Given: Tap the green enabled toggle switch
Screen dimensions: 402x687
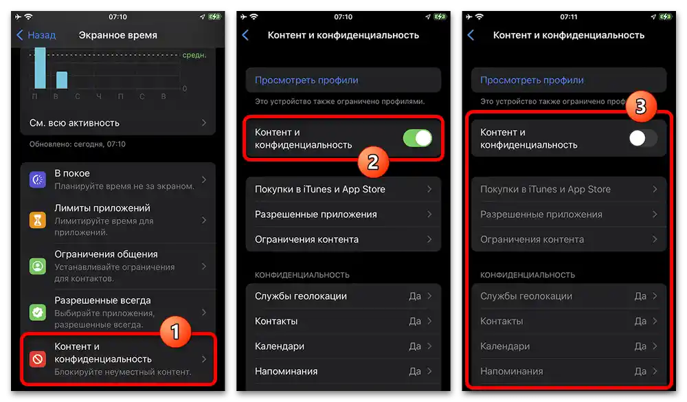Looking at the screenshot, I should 418,138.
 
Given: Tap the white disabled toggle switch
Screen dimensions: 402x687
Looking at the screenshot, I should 643,138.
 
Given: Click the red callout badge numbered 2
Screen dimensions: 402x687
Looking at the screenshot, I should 372,162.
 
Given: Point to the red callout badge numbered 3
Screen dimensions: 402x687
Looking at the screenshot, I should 640,107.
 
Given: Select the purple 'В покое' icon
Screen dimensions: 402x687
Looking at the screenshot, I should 37,180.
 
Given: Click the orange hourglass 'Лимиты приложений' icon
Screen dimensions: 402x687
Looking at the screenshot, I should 37,220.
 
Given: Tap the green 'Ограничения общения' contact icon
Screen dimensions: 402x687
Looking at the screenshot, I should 37,266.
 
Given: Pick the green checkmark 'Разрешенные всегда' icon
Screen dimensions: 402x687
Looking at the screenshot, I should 37,312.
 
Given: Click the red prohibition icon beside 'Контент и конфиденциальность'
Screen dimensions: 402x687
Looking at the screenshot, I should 37,359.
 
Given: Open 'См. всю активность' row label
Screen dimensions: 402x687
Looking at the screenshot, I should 74,123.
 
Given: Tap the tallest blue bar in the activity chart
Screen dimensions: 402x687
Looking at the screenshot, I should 41,68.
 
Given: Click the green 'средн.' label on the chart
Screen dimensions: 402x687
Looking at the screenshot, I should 194,55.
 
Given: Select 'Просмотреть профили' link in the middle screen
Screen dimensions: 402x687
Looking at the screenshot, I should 306,80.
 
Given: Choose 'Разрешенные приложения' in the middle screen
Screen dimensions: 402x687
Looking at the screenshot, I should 315,214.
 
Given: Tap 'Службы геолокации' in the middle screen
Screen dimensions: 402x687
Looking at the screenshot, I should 300,296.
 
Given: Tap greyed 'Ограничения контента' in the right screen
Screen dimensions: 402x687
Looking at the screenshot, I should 532,240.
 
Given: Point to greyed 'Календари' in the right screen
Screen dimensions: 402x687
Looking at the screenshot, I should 505,346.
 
